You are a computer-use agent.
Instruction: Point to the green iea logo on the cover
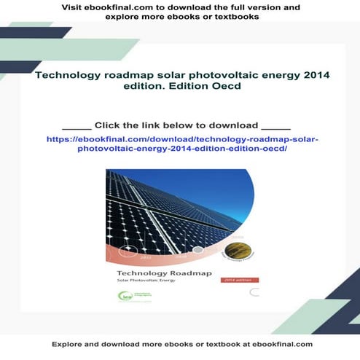point(126,295)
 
